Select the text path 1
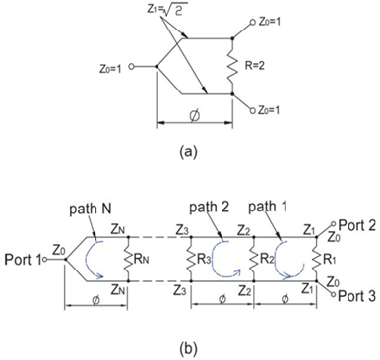click(x=273, y=210)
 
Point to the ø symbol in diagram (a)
click(x=193, y=115)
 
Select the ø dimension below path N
click(x=89, y=307)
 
